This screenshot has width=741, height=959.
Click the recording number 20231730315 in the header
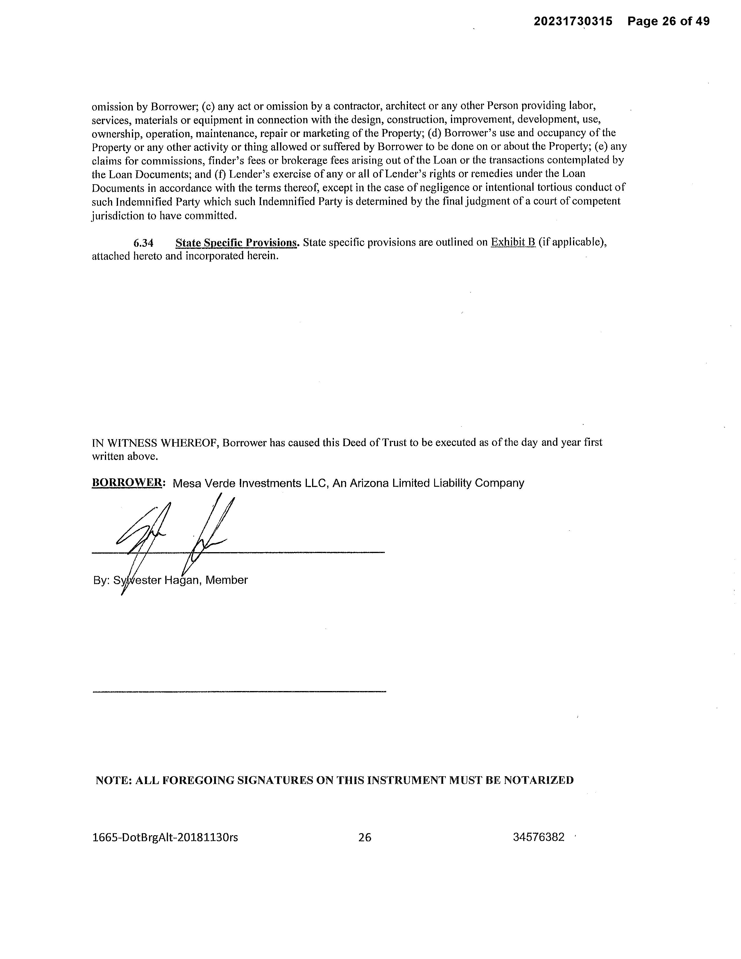point(572,21)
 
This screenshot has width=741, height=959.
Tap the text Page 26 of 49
point(668,21)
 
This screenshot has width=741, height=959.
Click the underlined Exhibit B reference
point(513,242)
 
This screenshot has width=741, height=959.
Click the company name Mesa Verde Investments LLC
point(249,483)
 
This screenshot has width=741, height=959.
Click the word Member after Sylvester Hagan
point(227,580)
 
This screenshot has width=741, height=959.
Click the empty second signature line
point(239,692)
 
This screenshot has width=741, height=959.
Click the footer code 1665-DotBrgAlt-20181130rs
point(165,837)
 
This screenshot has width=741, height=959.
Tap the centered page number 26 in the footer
point(365,837)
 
